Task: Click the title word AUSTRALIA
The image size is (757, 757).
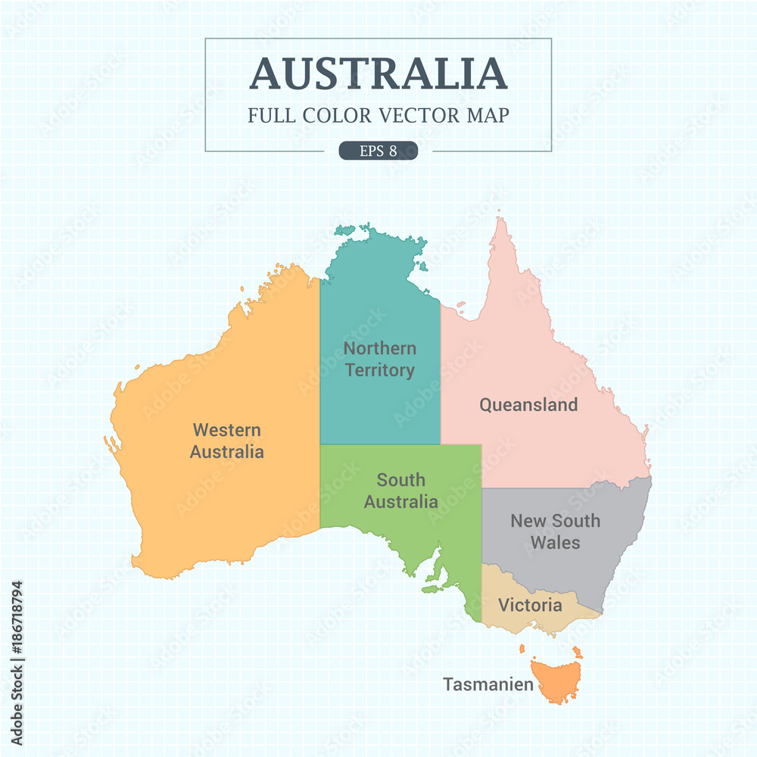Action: pyautogui.click(x=378, y=73)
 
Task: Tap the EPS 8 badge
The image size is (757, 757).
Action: pyautogui.click(x=378, y=151)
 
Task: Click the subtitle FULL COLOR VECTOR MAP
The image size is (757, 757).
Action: pyautogui.click(x=378, y=115)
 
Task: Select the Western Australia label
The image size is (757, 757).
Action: pyautogui.click(x=226, y=441)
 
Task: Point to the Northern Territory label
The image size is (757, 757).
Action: pyautogui.click(x=379, y=359)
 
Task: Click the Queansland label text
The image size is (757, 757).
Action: pyautogui.click(x=528, y=405)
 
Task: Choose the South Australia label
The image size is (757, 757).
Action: pyautogui.click(x=400, y=491)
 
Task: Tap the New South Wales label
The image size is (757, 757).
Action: pyautogui.click(x=555, y=531)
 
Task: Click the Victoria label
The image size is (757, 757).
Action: pyautogui.click(x=530, y=606)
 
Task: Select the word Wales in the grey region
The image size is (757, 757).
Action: pyautogui.click(x=555, y=543)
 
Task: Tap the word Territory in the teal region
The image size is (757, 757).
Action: pyautogui.click(x=379, y=370)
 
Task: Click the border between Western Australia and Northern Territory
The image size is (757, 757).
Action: pyautogui.click(x=319, y=363)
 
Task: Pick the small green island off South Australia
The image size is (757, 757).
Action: pyautogui.click(x=431, y=587)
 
